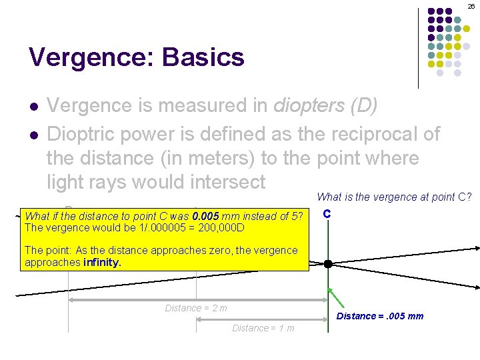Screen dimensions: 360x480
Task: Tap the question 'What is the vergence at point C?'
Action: pos(394,197)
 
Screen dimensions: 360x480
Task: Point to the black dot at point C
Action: pos(328,264)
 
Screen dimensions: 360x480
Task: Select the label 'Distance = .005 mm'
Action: pos(379,316)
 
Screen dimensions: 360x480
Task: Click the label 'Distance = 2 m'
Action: pos(196,308)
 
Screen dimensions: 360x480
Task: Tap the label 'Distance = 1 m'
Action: pos(263,328)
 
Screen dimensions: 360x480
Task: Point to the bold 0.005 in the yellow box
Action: pos(205,216)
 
